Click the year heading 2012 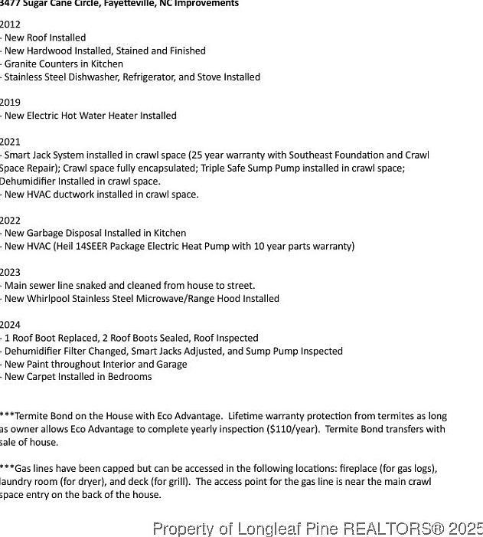tap(10, 25)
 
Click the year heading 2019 tap(10, 103)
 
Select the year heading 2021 tap(10, 142)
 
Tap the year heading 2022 tap(10, 221)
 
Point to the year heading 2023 tap(10, 273)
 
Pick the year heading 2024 tap(10, 325)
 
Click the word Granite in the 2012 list tap(21, 64)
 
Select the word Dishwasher tap(97, 77)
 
